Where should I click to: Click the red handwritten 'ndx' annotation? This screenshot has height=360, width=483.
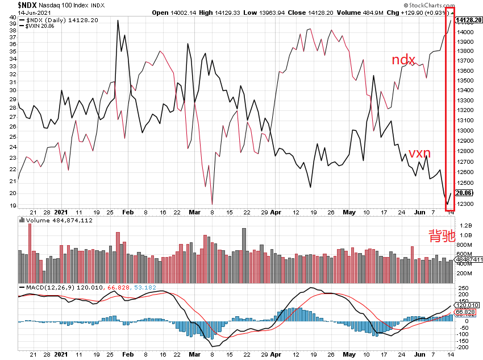click(403, 60)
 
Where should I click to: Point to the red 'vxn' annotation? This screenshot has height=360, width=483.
click(419, 152)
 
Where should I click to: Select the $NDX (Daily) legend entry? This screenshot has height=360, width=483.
click(57, 20)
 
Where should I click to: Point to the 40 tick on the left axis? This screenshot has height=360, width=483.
click(11, 17)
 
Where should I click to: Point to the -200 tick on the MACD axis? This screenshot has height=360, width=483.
click(463, 347)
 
